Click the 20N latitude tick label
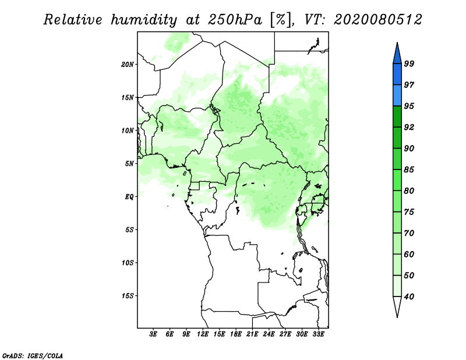(x=128, y=65)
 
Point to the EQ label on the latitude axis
(x=129, y=197)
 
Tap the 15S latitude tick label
(x=128, y=296)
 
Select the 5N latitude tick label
(x=129, y=164)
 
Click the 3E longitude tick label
(x=153, y=334)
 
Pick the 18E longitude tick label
(x=236, y=334)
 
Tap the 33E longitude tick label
(x=318, y=334)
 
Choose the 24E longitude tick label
(x=269, y=334)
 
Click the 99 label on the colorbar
(x=409, y=63)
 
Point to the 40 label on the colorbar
(x=409, y=297)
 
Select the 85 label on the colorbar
(x=409, y=170)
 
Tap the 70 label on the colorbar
(x=409, y=233)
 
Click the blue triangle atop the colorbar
(x=397, y=54)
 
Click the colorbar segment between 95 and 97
(x=397, y=96)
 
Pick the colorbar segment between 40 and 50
(x=397, y=286)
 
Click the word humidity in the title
(x=144, y=20)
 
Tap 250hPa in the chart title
(x=235, y=20)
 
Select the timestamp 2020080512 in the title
(x=378, y=20)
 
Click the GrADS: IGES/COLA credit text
(x=33, y=355)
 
